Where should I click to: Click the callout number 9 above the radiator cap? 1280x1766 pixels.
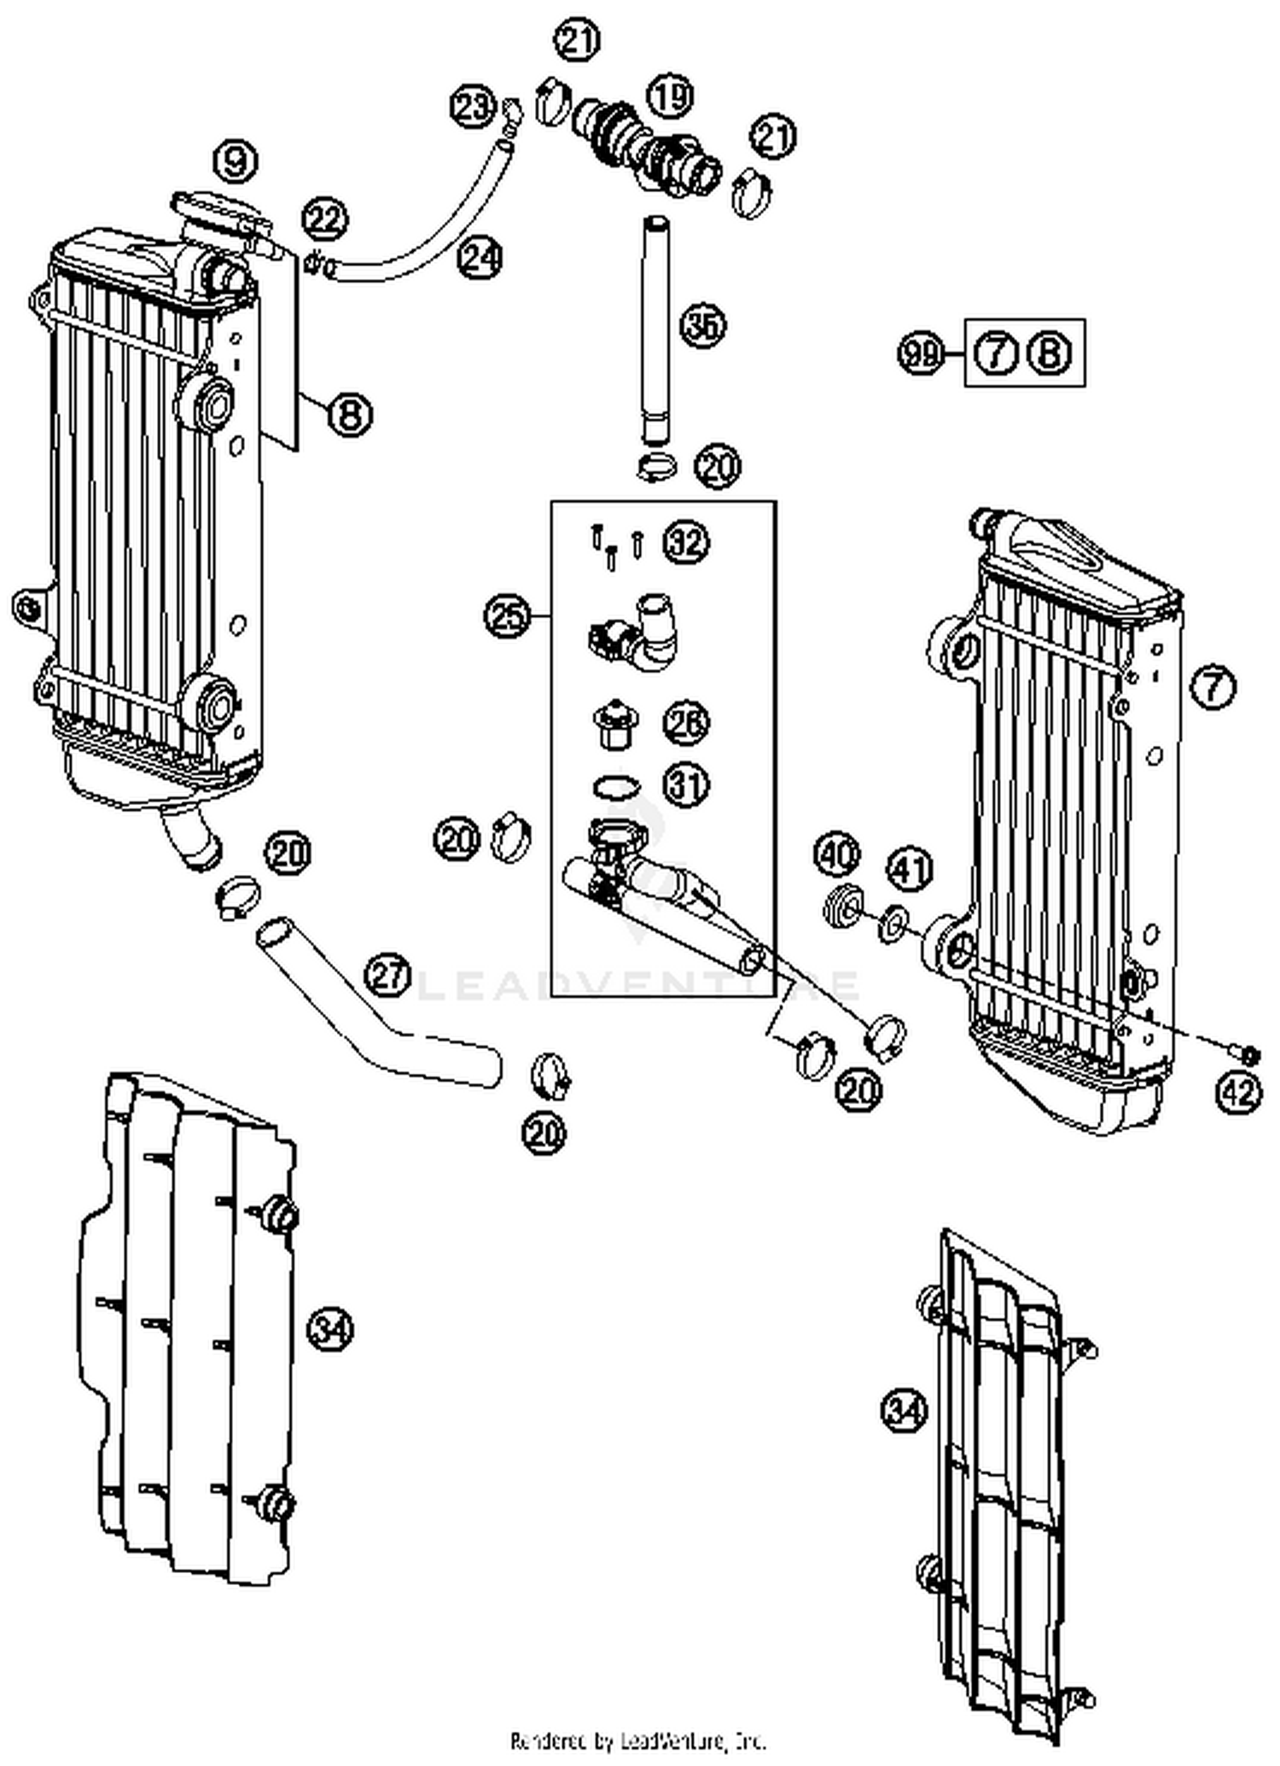(x=236, y=160)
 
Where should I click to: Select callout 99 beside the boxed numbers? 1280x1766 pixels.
(x=921, y=353)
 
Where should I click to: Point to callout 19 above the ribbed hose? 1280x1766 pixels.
(x=672, y=96)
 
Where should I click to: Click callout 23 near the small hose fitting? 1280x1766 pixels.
(x=473, y=108)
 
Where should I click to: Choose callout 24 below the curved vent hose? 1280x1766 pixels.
(x=479, y=257)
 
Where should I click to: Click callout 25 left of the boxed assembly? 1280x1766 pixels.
(x=507, y=616)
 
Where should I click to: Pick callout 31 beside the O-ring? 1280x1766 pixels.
(x=686, y=784)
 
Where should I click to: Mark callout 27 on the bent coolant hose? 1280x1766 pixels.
(x=388, y=976)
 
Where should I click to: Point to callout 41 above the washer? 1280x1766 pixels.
(x=911, y=870)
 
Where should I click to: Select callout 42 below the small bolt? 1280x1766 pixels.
(x=1239, y=1092)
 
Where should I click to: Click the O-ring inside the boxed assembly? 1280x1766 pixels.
(x=614, y=785)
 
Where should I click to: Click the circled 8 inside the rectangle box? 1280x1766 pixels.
(x=1050, y=353)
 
